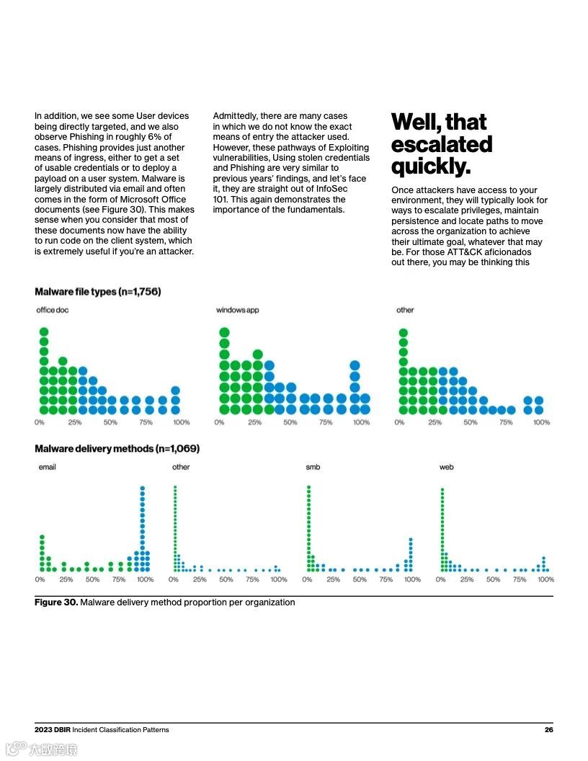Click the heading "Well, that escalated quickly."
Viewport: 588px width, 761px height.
(441, 143)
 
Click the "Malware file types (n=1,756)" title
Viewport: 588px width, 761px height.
(97, 292)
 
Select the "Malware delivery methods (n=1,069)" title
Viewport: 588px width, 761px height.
(117, 449)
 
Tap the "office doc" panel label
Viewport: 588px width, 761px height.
(53, 310)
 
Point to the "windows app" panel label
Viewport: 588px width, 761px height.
(237, 310)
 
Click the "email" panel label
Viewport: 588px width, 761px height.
(47, 467)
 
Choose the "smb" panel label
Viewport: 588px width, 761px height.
(313, 467)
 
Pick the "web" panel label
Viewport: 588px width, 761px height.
(447, 467)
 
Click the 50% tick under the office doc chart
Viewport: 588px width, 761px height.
(110, 422)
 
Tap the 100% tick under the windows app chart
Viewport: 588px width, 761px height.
(361, 422)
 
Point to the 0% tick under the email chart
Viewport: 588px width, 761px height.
(40, 579)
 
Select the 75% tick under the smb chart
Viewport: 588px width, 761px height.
(386, 579)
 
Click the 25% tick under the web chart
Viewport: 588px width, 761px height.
(467, 579)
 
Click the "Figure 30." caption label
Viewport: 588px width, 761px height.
(55, 602)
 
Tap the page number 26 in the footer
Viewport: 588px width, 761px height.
(548, 730)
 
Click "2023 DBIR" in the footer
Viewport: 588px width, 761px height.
(52, 730)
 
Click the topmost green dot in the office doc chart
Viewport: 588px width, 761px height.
(43, 332)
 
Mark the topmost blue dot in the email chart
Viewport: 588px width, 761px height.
(143, 488)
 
